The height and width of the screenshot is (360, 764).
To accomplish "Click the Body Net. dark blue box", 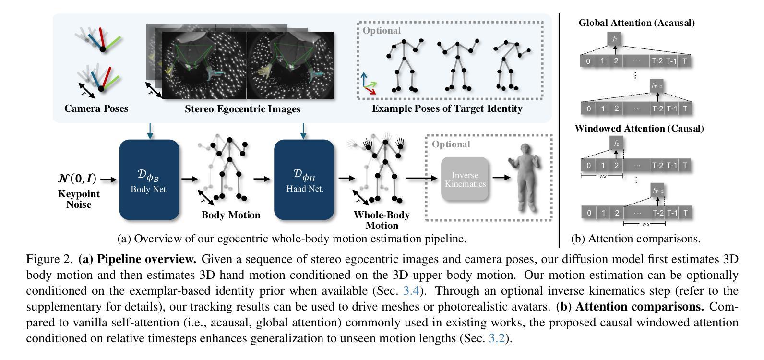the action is (149, 180).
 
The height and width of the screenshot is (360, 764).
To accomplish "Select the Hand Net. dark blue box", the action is (304, 180).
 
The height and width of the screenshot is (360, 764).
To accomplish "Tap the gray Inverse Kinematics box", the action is (465, 179).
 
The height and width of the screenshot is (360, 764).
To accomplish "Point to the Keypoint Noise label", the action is (79, 199).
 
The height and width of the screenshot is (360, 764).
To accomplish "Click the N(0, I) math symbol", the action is (77, 179).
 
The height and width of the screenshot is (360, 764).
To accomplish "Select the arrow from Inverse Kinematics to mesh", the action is (501, 178).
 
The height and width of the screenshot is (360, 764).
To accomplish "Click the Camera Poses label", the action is (96, 108).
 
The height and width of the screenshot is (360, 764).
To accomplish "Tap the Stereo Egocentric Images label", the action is (242, 109).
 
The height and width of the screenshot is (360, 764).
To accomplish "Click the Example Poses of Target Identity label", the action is (447, 108).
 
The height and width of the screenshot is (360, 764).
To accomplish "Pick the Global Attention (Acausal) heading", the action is (637, 23).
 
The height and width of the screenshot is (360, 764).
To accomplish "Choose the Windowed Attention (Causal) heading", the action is (639, 128).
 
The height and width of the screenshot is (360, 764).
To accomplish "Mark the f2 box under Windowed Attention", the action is (616, 144).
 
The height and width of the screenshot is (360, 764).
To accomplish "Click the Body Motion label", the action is (231, 215).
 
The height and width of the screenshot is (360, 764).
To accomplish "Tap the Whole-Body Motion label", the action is (382, 220).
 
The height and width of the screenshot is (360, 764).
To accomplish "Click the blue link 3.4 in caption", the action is (411, 291).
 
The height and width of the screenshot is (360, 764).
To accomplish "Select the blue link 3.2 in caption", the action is (497, 338).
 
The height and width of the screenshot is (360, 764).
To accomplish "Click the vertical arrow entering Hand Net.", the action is (303, 131).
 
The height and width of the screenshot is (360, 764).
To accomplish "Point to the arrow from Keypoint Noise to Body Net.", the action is (108, 180).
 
